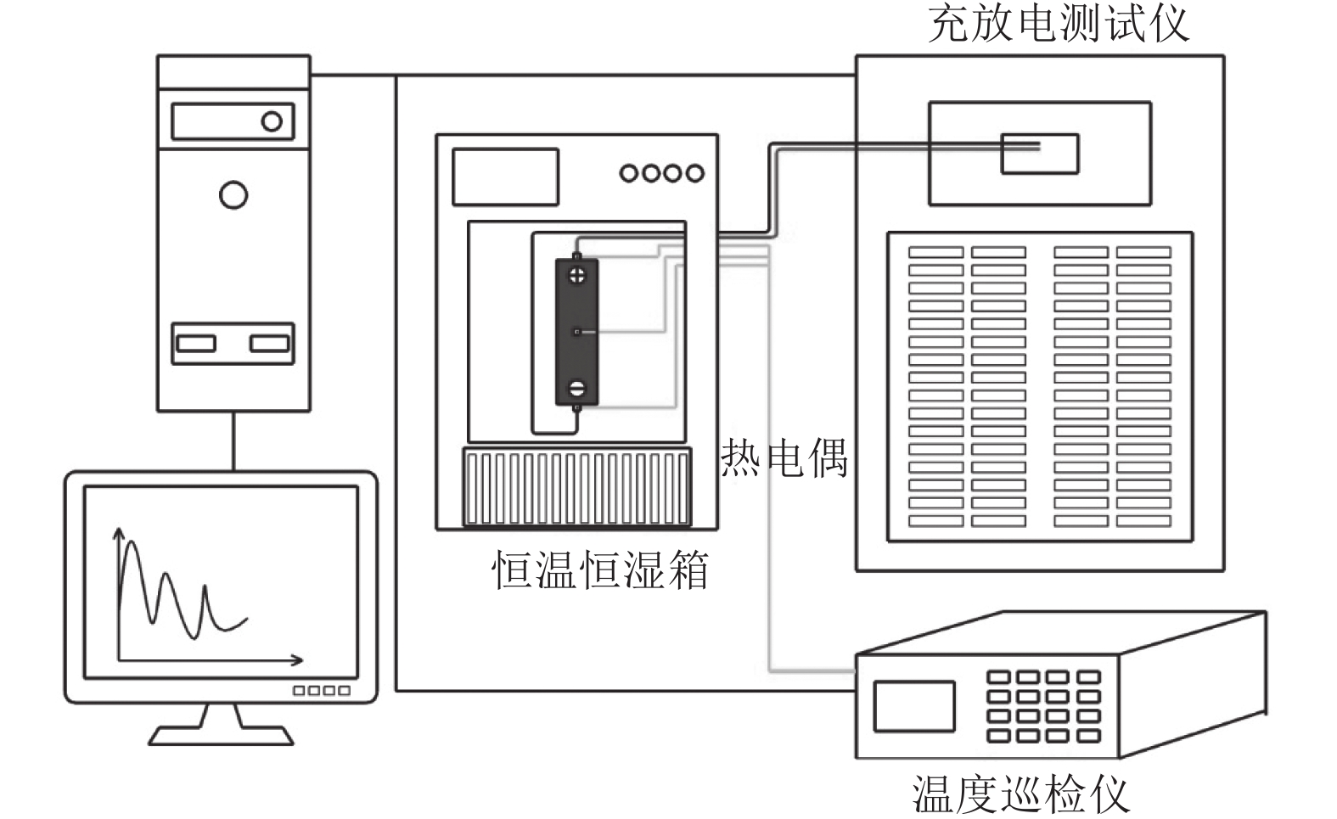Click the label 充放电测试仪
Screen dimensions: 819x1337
[x=1058, y=24]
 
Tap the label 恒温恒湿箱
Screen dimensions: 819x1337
[x=600, y=570]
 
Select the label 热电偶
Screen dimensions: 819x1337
[x=784, y=458]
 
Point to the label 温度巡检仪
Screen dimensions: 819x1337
[x=1021, y=794]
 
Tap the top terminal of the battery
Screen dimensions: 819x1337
[x=577, y=275]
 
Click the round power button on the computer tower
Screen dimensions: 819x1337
[x=233, y=195]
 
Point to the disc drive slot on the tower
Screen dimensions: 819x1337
[x=233, y=121]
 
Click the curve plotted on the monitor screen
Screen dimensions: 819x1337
[x=170, y=594]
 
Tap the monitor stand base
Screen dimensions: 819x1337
[x=221, y=734]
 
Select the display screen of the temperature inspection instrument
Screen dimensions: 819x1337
[x=913, y=706]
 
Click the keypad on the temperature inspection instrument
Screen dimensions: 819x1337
[x=1044, y=706]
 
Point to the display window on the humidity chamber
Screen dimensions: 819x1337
[x=505, y=177]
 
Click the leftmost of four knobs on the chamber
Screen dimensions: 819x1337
[x=629, y=173]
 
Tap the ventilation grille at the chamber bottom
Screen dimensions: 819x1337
[x=576, y=487]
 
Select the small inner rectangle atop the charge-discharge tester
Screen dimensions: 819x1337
[x=1039, y=154]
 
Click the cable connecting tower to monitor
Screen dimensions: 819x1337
[x=233, y=441]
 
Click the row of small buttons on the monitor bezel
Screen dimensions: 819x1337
[x=321, y=691]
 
